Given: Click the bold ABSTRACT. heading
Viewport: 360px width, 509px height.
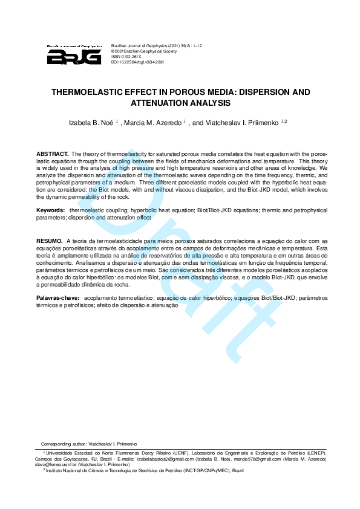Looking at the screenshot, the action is click(53, 154).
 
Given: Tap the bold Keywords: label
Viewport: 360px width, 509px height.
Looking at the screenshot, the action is click(50, 210).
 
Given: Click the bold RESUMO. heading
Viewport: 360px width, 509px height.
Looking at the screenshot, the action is click(49, 240).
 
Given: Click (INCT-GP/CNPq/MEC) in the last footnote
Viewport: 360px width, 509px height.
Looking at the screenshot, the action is click(211, 470).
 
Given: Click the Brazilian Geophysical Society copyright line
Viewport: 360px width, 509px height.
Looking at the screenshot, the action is click(142, 51).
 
